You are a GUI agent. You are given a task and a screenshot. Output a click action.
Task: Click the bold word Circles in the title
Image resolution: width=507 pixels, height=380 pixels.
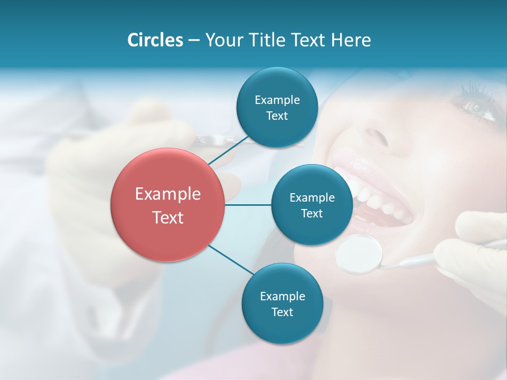point(155,40)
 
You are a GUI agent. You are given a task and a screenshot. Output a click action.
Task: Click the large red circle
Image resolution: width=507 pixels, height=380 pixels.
point(167,205)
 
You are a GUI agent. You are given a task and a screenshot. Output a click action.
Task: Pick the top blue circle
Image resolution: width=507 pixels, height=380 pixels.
point(277,108)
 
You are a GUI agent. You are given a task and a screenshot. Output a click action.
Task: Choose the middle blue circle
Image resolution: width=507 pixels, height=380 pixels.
point(312,205)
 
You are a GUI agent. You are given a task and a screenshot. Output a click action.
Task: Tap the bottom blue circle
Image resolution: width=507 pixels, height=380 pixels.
point(282,303)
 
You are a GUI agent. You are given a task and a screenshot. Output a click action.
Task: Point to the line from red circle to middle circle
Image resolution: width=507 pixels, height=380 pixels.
point(248,205)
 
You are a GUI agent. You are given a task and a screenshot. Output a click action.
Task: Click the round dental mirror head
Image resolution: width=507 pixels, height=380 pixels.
point(359,254)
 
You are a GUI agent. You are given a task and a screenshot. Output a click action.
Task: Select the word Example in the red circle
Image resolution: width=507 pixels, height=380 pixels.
point(167,194)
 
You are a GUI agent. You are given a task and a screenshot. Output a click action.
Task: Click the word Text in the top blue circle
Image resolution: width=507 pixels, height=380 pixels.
point(277,116)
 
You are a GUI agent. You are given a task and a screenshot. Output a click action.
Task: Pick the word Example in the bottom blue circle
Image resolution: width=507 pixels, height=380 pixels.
point(282,296)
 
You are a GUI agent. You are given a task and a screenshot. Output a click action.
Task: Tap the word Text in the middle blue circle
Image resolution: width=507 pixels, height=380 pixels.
point(312,213)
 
